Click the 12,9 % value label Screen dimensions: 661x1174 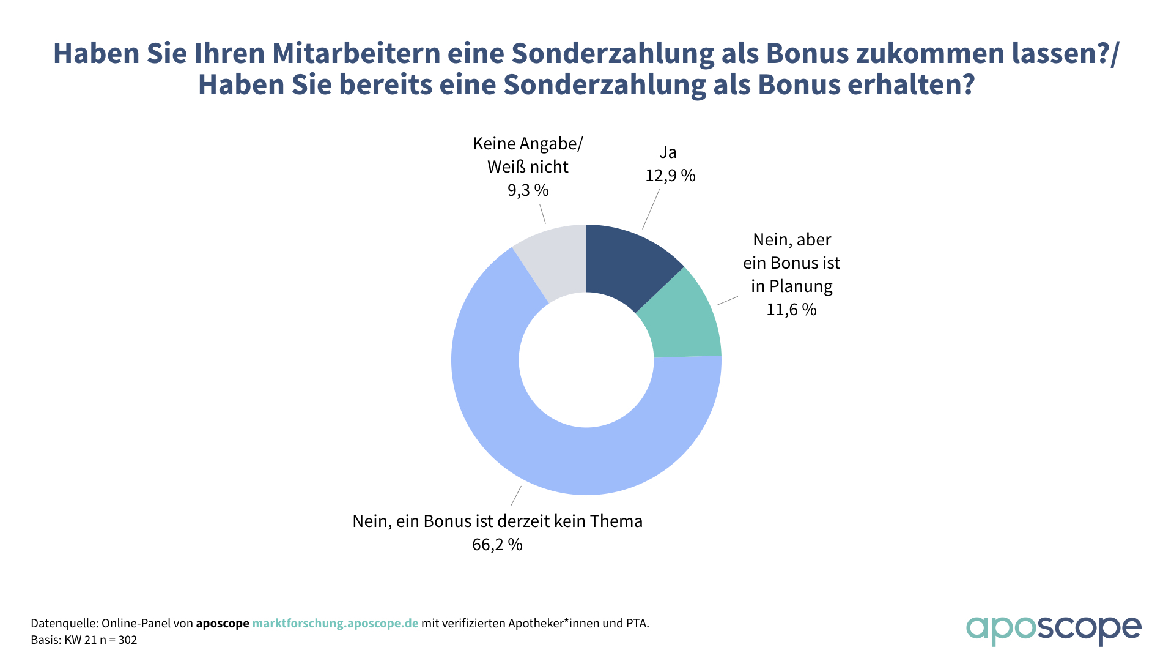tap(670, 176)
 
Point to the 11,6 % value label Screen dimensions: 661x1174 tap(791, 310)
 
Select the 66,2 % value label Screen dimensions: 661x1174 tap(497, 545)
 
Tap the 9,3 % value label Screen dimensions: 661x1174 tap(528, 190)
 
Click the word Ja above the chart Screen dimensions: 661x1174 tap(668, 152)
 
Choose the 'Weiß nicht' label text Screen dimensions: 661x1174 tap(528, 167)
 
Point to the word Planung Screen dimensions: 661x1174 tap(800, 286)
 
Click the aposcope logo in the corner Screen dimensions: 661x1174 tap(1053, 629)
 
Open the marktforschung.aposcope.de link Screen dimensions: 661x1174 tap(335, 624)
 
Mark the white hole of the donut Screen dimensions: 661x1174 tap(586, 360)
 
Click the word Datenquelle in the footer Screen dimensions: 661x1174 tap(64, 624)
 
